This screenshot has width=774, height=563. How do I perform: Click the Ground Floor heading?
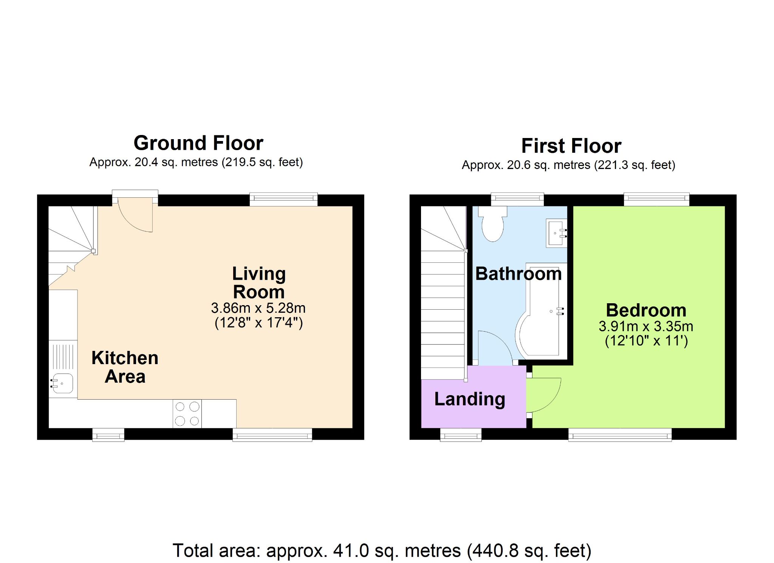click(x=198, y=143)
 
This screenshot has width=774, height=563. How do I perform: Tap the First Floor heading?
click(x=571, y=146)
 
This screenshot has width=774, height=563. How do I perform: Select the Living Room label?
click(x=259, y=283)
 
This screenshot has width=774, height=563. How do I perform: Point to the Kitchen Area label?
click(x=125, y=367)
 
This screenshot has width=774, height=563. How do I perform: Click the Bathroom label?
click(x=519, y=274)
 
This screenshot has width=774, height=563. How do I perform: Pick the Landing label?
click(x=470, y=399)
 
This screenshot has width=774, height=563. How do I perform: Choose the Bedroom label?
click(x=646, y=310)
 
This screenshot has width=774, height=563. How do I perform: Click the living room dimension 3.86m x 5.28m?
click(x=259, y=308)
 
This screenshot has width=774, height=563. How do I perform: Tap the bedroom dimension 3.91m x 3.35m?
click(x=646, y=326)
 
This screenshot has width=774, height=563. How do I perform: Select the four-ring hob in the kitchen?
click(x=187, y=414)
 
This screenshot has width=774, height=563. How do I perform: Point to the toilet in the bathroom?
click(x=492, y=223)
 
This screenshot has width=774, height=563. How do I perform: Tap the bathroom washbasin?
click(x=556, y=233)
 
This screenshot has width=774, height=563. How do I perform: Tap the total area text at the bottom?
click(x=382, y=551)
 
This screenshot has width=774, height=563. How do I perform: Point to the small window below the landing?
click(x=461, y=435)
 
